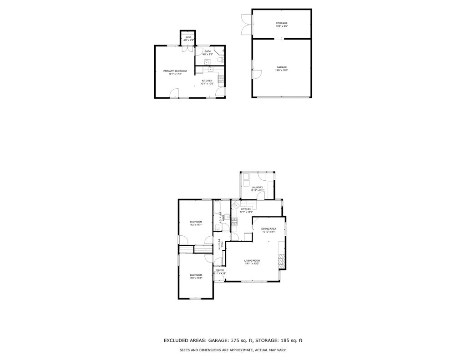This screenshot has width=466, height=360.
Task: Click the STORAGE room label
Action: tap(282, 23)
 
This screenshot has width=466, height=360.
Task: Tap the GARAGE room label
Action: tap(282, 67)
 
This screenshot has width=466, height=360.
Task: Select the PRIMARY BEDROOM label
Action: tap(175, 71)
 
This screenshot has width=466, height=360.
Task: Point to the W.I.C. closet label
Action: tap(188, 37)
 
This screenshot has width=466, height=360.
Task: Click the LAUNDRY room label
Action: tap(257, 187)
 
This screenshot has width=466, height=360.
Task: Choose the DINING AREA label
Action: tap(268, 228)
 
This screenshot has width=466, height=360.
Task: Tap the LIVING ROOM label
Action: tap(252, 260)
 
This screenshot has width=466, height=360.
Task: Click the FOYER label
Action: tap(220, 270)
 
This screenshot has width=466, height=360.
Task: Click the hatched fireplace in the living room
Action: tap(282, 260)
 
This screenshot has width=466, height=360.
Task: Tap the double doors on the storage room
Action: tap(246, 24)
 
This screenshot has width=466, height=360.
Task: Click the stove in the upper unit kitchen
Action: tap(221, 81)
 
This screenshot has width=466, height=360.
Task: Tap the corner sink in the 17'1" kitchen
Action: tap(236, 205)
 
